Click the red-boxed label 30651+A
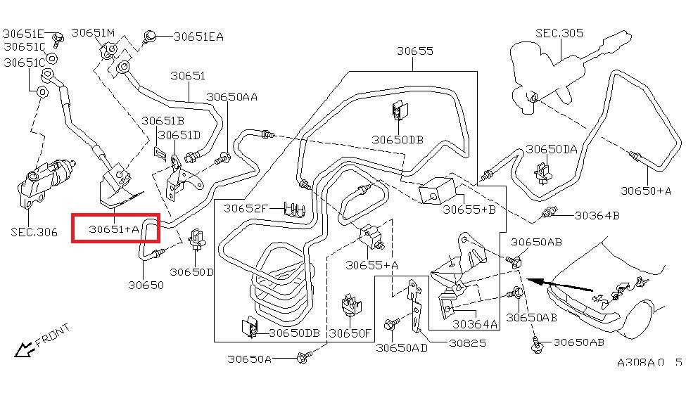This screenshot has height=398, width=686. point(115,229)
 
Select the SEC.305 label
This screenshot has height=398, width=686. point(559,32)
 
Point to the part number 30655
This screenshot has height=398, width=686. point(414,51)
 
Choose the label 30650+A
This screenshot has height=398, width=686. point(646,190)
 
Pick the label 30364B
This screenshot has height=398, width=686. point(597,215)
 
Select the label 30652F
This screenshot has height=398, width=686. point(246,208)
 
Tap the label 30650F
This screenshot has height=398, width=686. point(350,333)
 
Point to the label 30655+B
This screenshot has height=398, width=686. point(469,209)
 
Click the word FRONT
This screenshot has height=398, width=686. point(53,335)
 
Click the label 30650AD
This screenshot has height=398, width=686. point(402,347)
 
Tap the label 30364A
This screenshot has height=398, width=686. point(474,323)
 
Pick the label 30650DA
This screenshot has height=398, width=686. point(552,149)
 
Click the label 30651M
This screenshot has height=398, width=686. point(93,32)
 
